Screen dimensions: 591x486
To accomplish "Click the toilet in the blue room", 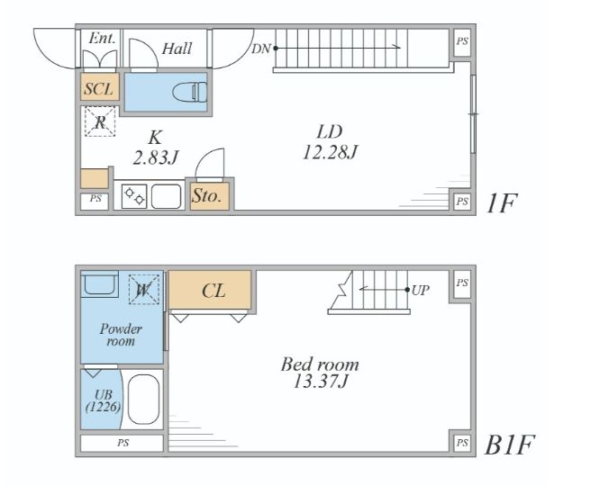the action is click(x=189, y=92).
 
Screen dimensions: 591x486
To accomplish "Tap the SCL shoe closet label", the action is click(x=99, y=89).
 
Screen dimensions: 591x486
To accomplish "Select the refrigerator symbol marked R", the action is click(x=100, y=121).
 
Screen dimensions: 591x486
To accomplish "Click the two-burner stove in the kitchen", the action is click(x=134, y=196).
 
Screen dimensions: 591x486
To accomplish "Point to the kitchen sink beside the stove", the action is click(x=166, y=196).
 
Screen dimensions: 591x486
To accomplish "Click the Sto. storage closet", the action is click(x=210, y=196).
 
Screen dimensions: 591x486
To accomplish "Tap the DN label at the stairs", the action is click(x=261, y=49).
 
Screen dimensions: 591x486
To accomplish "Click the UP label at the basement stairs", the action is click(x=421, y=290).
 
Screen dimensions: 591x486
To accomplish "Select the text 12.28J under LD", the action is click(x=330, y=152).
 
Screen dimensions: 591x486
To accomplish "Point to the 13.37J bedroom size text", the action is click(x=321, y=382).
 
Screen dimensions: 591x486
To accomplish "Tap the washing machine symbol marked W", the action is click(x=143, y=289).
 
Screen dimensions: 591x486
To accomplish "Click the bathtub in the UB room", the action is click(x=143, y=399).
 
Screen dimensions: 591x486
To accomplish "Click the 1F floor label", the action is click(x=501, y=203).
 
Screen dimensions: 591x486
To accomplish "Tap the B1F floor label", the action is click(x=509, y=445).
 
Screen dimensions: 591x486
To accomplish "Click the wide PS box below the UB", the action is click(x=123, y=443).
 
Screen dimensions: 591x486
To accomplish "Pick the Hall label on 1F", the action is click(x=177, y=49).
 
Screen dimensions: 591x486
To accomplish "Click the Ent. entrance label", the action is click(x=102, y=38).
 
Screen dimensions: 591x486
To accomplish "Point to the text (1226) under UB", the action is click(x=104, y=407).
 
